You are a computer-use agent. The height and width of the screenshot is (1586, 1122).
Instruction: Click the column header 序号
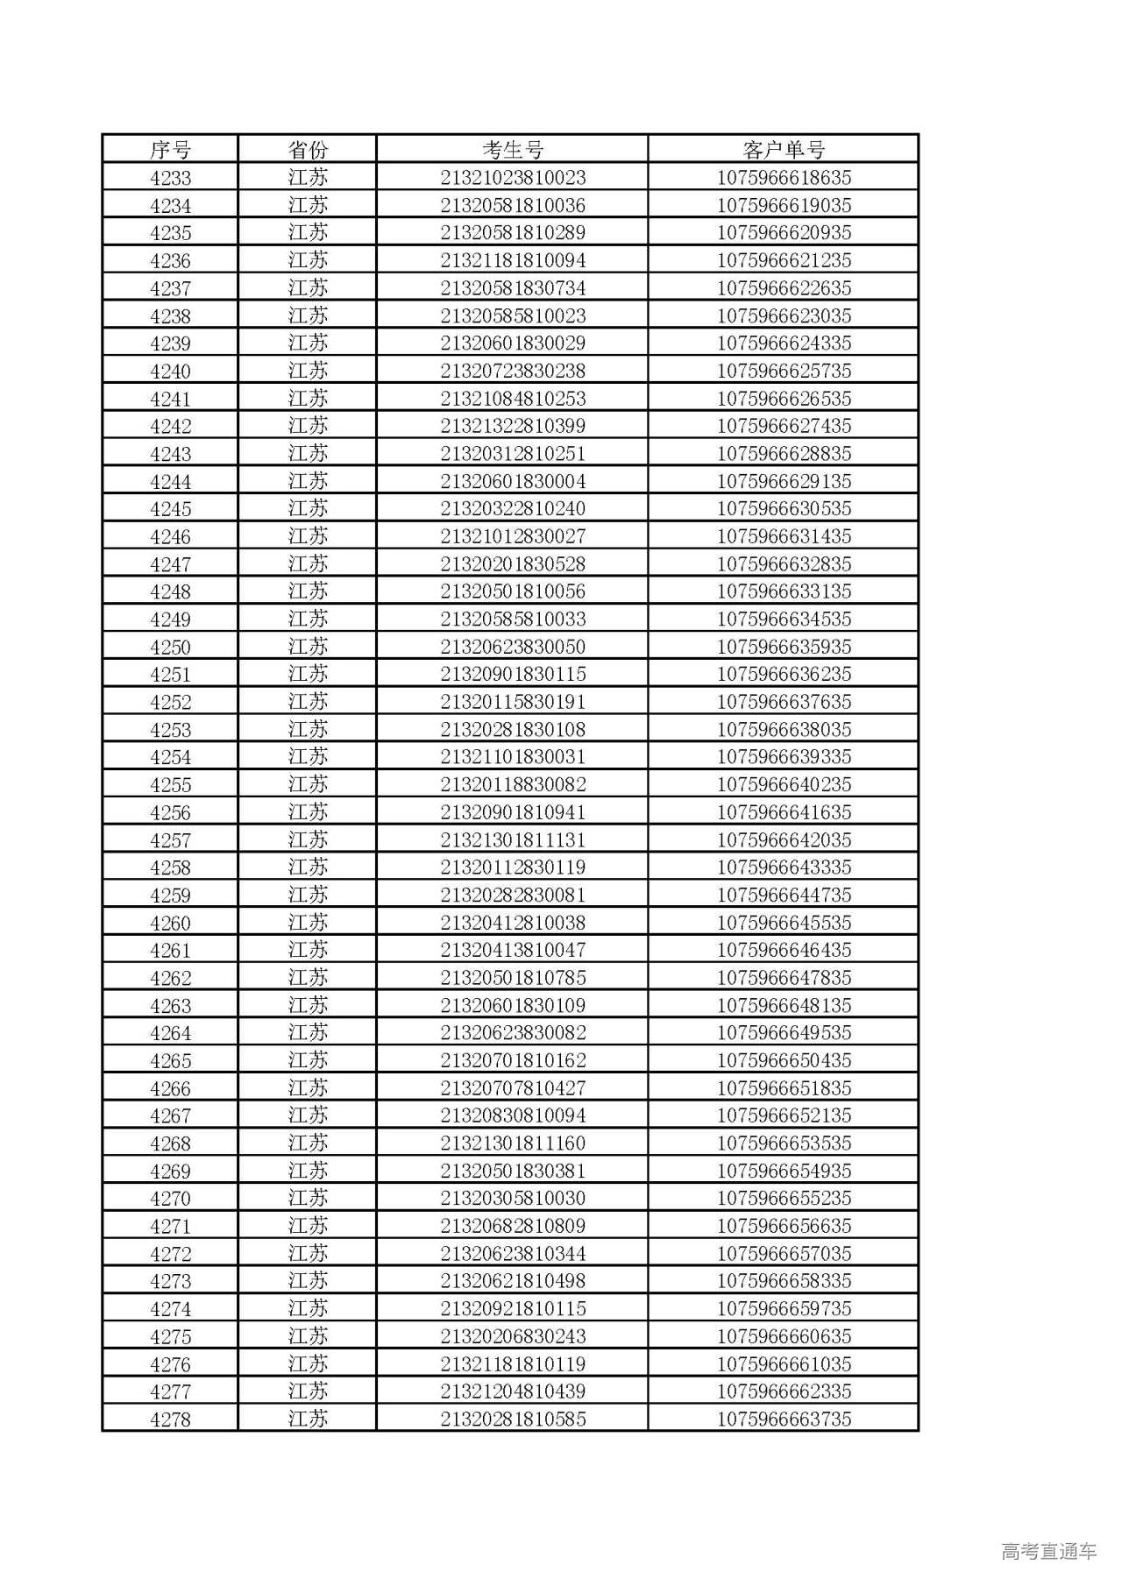tap(170, 150)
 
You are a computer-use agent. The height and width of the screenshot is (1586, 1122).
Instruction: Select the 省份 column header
tap(308, 150)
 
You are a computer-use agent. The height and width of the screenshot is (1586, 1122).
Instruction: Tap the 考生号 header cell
tap(513, 150)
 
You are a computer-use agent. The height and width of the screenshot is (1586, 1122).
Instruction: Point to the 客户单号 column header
tap(784, 150)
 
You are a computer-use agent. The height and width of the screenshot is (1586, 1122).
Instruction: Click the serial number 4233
tap(170, 178)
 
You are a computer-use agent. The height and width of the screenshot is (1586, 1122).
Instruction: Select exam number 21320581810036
tap(513, 206)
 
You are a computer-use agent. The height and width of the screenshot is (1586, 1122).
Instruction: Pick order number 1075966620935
tap(784, 233)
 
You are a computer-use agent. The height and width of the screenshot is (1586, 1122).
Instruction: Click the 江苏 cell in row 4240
tap(308, 371)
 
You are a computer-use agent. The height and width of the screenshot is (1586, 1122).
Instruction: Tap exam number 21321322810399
tap(513, 426)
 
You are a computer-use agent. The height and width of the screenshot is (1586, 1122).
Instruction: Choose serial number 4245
tap(170, 509)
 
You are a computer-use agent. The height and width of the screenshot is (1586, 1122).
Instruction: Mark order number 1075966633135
tap(784, 591)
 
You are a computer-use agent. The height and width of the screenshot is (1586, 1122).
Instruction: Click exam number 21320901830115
tap(513, 675)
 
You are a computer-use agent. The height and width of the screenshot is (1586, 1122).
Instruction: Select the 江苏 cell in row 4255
tap(308, 785)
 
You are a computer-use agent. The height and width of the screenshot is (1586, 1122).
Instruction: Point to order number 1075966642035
tap(784, 840)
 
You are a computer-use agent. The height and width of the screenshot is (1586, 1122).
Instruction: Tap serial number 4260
tap(170, 923)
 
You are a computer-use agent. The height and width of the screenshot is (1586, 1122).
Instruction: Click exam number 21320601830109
tap(513, 1006)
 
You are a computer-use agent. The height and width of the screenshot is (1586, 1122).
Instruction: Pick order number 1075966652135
tap(784, 1116)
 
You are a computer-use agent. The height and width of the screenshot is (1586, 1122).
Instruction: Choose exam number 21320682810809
tap(513, 1227)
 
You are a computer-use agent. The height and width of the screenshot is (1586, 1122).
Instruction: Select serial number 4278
tap(170, 1420)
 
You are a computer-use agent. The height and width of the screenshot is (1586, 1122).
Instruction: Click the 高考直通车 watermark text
tap(1048, 1551)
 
